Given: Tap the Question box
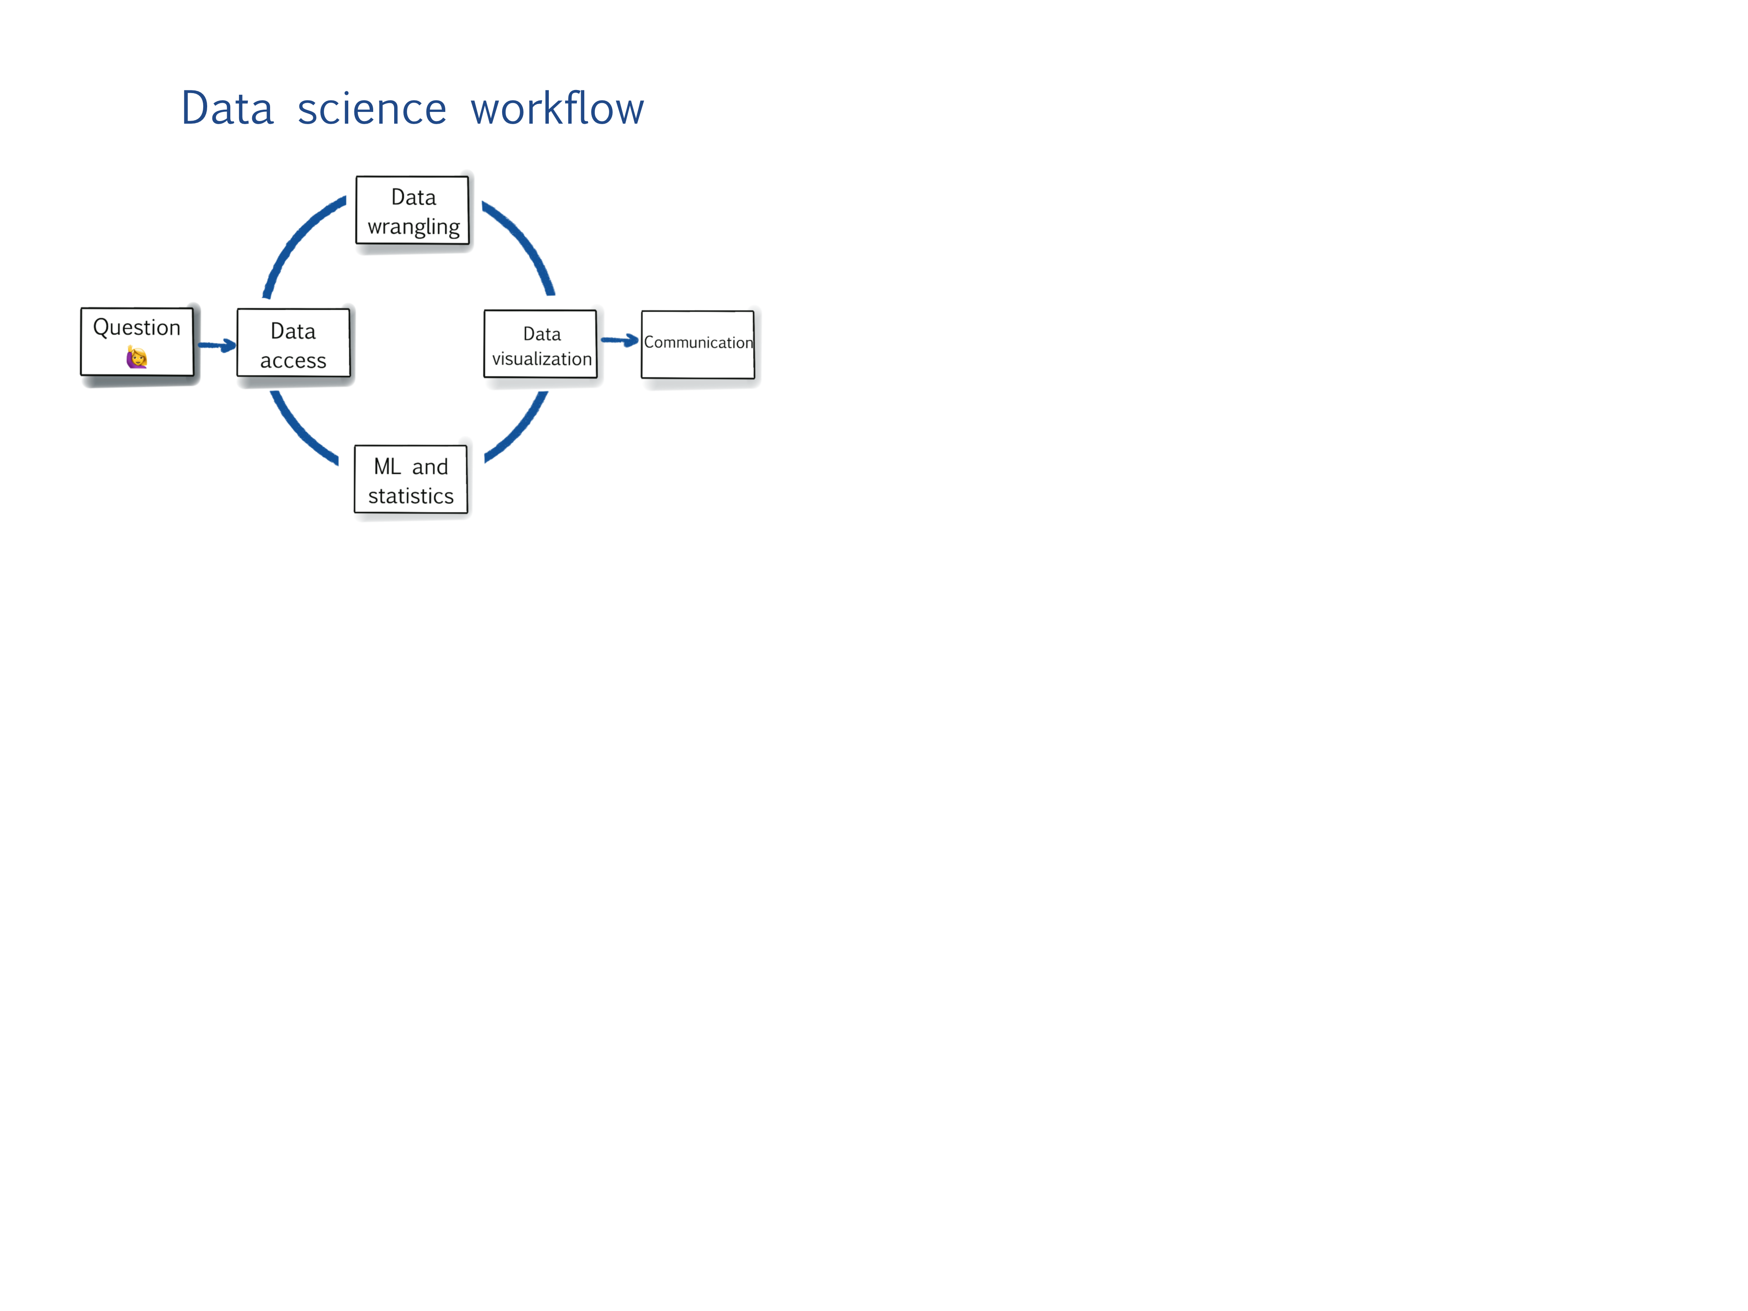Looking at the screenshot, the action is [x=137, y=341].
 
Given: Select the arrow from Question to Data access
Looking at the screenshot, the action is [x=216, y=345].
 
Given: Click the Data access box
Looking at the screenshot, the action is [x=293, y=343].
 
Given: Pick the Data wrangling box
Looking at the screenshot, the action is [x=413, y=210].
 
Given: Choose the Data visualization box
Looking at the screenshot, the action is [x=541, y=344].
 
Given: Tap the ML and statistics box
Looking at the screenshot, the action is [x=411, y=480].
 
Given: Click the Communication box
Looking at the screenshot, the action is [x=698, y=344].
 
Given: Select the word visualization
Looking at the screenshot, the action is [x=542, y=359].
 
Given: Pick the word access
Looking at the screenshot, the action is [x=293, y=361].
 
